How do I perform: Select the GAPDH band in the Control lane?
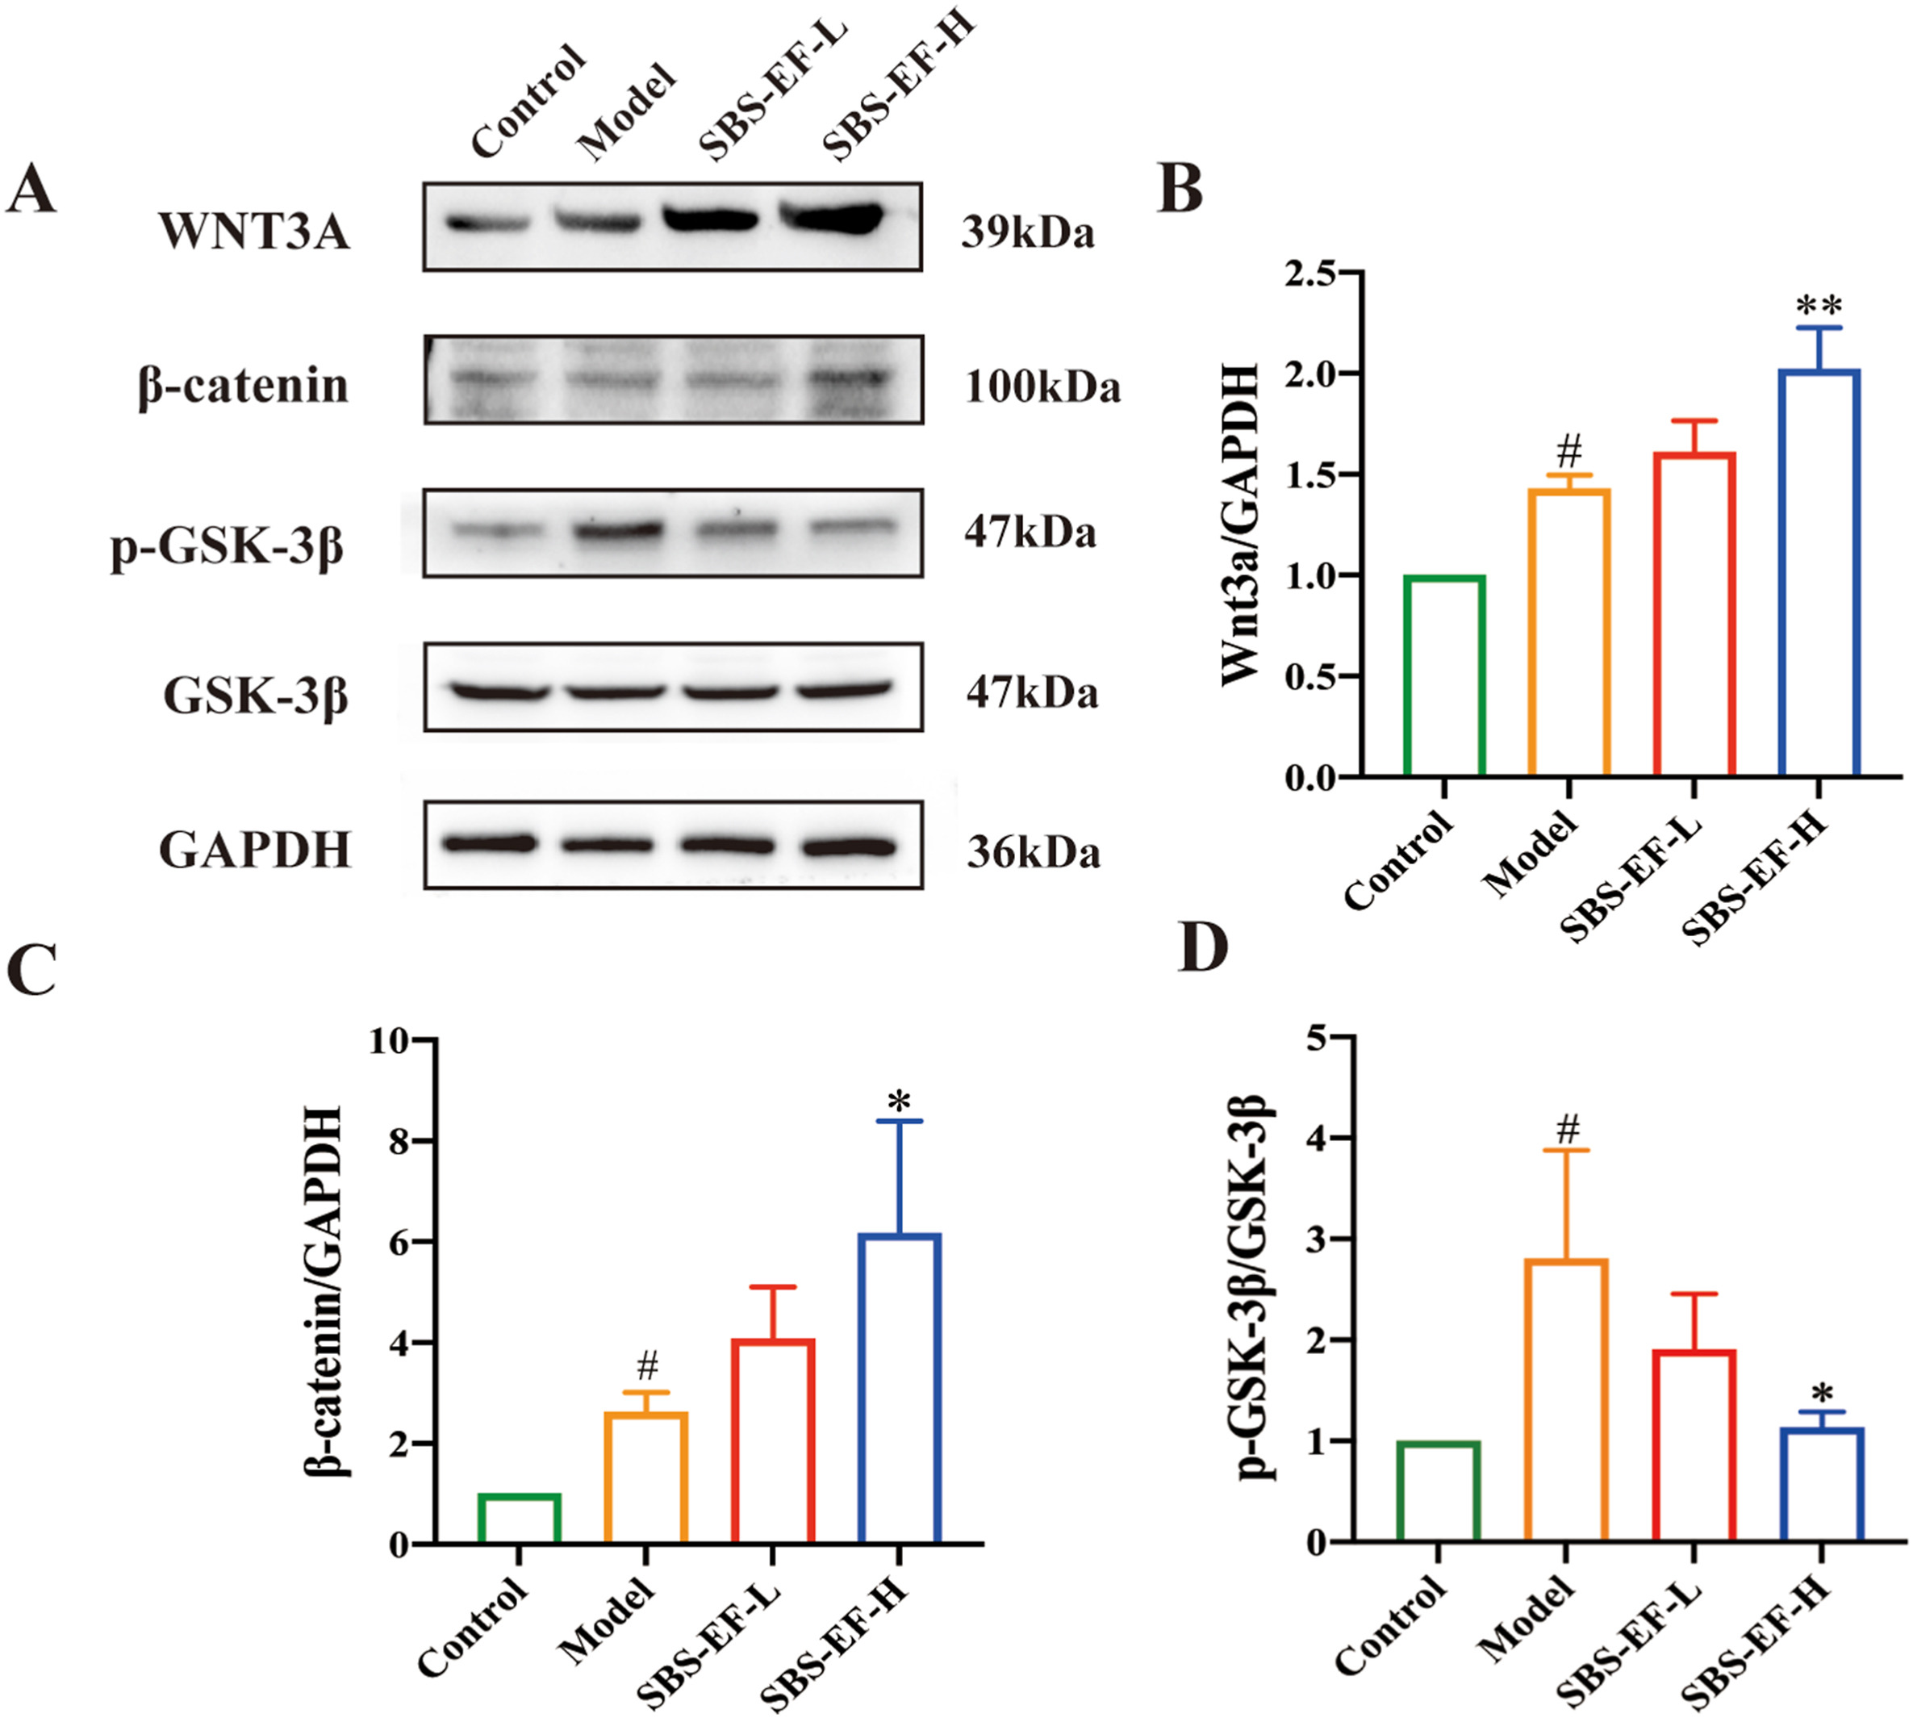488,843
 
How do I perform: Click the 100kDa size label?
1042,387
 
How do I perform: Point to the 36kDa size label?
1033,852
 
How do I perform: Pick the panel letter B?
1180,188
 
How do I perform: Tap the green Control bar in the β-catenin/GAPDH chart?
519,1518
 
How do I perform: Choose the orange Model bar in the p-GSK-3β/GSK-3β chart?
1566,1401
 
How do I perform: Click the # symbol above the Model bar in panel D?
1568,1127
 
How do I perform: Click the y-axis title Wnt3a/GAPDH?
1240,525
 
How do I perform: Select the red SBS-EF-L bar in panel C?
772,1441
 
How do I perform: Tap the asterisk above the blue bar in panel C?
899,1101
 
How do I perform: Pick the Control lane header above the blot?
528,101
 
